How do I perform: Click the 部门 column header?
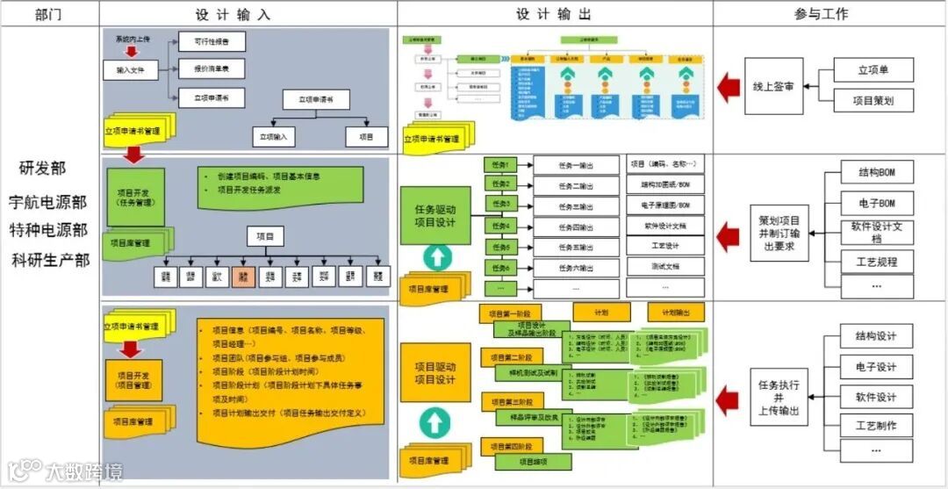pyautogui.click(x=49, y=14)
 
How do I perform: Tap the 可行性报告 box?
pyautogui.click(x=212, y=41)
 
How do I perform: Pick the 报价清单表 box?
pyautogui.click(x=212, y=68)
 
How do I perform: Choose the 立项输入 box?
pyautogui.click(x=274, y=137)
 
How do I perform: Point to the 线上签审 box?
pyautogui.click(x=773, y=87)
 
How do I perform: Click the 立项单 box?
pyautogui.click(x=873, y=70)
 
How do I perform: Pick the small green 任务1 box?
pyautogui.click(x=500, y=164)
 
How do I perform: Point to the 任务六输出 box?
pyautogui.click(x=576, y=268)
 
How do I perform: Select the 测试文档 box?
pyautogui.click(x=666, y=266)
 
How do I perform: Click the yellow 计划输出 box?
pyautogui.click(x=676, y=313)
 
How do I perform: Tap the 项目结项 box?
pyautogui.click(x=532, y=461)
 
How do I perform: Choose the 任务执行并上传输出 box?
pyautogui.click(x=777, y=398)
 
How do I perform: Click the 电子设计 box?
pyautogui.click(x=875, y=367)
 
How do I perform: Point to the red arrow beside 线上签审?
pyautogui.click(x=728, y=86)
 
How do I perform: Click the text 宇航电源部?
pyautogui.click(x=49, y=202)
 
